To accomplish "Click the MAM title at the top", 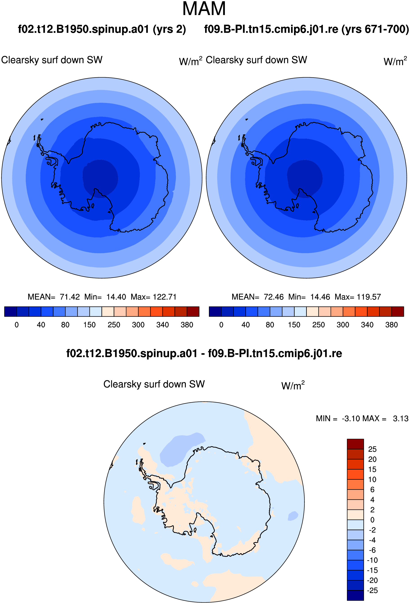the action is pyautogui.click(x=204, y=9).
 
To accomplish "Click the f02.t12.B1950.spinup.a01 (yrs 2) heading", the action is pyautogui.click(x=102, y=29).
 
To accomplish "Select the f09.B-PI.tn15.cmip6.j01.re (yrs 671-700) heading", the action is pyautogui.click(x=307, y=29).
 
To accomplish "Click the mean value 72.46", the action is pyautogui.click(x=274, y=297).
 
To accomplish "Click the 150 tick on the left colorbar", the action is pyautogui.click(x=90, y=325).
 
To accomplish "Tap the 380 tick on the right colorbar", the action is pyautogui.click(x=392, y=325).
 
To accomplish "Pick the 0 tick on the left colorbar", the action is pyautogui.click(x=17, y=325).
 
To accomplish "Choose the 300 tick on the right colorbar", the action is pyautogui.click(x=343, y=325).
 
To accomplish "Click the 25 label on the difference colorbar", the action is pyautogui.click(x=372, y=449).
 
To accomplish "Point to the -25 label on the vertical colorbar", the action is pyautogui.click(x=372, y=591).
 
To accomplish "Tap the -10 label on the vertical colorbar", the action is pyautogui.click(x=372, y=560).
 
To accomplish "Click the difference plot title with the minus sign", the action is pyautogui.click(x=204, y=353).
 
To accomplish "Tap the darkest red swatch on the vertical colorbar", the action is pyautogui.click(x=355, y=444).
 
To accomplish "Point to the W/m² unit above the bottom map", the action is pyautogui.click(x=293, y=385).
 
